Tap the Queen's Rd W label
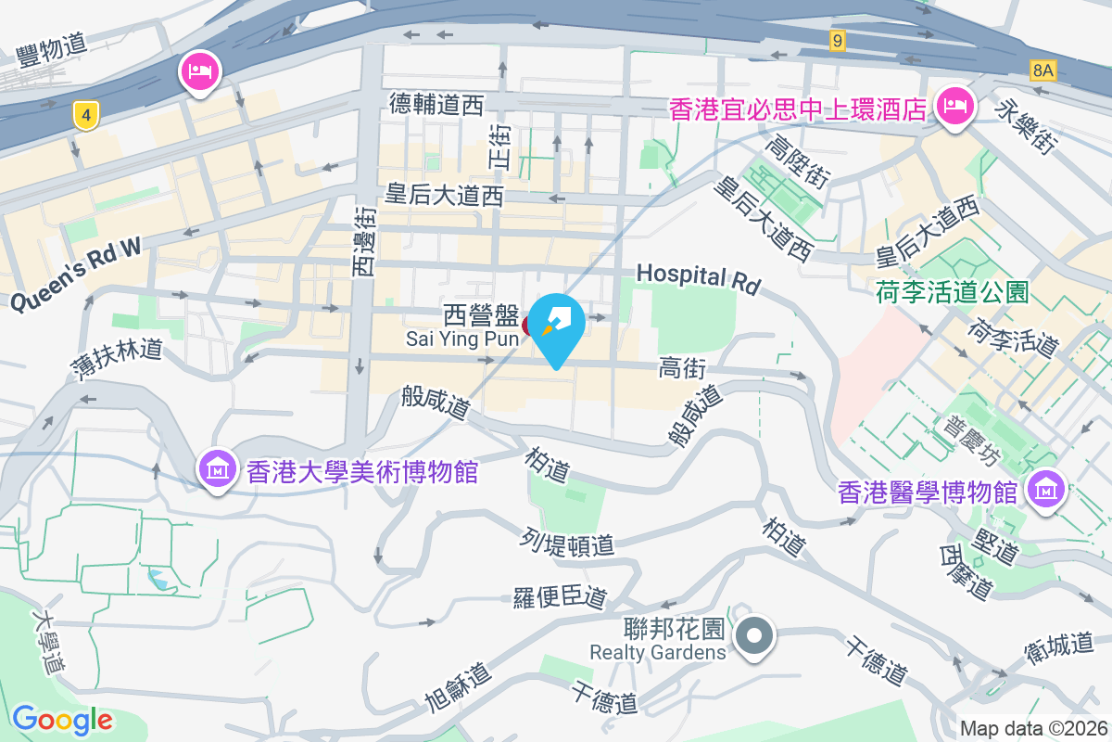click(x=76, y=274)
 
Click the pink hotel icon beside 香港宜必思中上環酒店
click(x=953, y=106)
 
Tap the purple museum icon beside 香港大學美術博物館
click(x=217, y=470)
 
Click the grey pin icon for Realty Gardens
click(x=754, y=636)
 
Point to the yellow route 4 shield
click(x=86, y=116)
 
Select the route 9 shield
click(x=837, y=40)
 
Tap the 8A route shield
click(x=1042, y=70)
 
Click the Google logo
click(x=62, y=719)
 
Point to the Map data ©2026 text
click(x=1033, y=728)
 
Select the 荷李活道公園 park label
click(x=953, y=293)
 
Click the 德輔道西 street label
click(x=436, y=105)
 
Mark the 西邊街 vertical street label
click(x=364, y=241)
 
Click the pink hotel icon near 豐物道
click(x=201, y=70)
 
